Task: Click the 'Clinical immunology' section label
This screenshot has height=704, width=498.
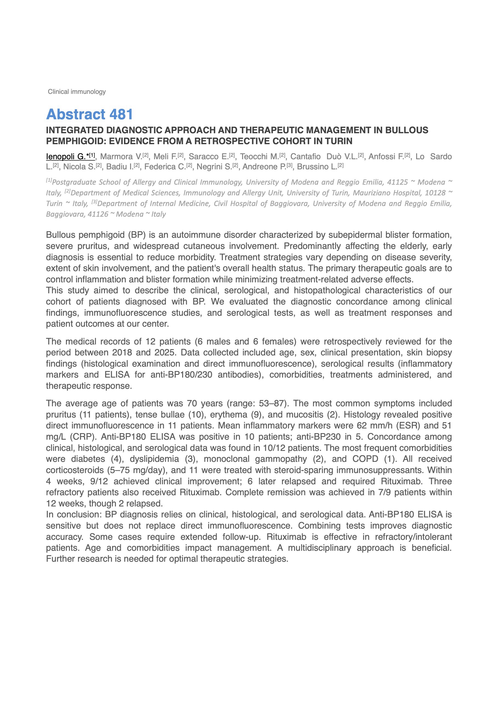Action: (77, 92)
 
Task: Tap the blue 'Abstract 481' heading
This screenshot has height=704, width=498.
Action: (89, 114)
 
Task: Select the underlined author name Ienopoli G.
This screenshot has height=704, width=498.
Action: (66, 157)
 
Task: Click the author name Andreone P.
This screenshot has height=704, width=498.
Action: (264, 167)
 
